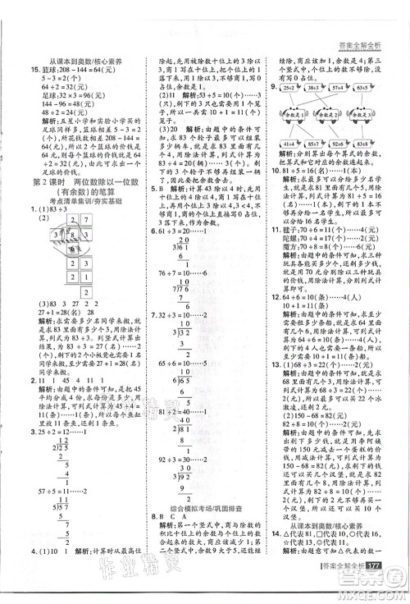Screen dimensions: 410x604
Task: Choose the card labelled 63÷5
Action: pyautogui.click(x=364, y=88)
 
